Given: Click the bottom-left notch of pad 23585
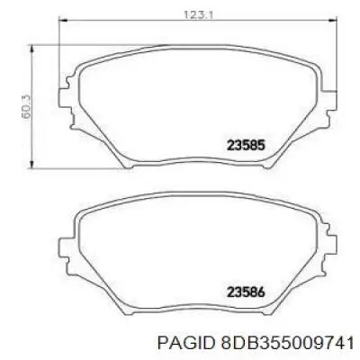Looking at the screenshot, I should [x=126, y=163].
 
